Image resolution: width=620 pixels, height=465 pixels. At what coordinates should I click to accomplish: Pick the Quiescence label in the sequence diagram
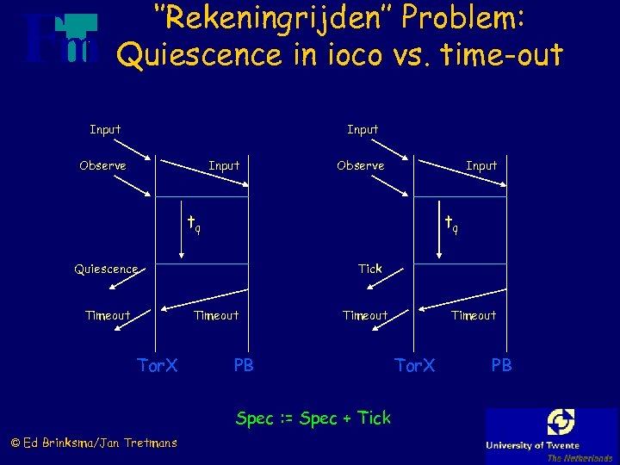(105, 269)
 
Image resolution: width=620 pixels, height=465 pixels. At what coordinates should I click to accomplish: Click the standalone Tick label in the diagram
(370, 269)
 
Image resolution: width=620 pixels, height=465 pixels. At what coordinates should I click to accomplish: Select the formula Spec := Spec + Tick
(313, 418)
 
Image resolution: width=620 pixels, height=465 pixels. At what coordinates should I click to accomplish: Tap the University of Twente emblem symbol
(561, 423)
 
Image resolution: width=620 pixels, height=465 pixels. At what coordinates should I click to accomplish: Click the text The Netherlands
(580, 457)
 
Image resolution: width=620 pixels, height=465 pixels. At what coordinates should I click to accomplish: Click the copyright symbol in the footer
(15, 443)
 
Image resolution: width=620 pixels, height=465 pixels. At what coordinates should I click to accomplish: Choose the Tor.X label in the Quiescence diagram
(158, 366)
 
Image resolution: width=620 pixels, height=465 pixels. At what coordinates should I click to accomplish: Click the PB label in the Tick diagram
(501, 366)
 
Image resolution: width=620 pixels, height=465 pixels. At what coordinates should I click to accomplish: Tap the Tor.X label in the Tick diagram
(414, 366)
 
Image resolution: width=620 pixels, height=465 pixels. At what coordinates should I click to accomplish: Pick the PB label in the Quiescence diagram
(244, 366)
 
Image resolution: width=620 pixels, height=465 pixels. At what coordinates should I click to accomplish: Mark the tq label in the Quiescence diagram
(195, 226)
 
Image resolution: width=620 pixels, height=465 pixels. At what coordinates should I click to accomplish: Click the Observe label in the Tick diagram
(360, 165)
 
